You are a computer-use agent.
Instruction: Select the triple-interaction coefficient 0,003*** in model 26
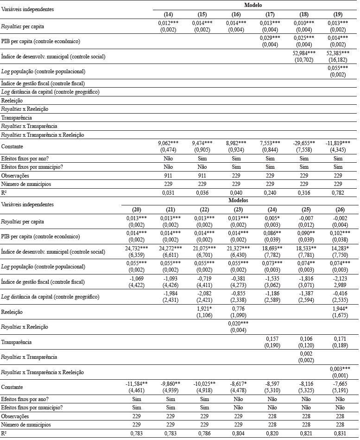(341, 370)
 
